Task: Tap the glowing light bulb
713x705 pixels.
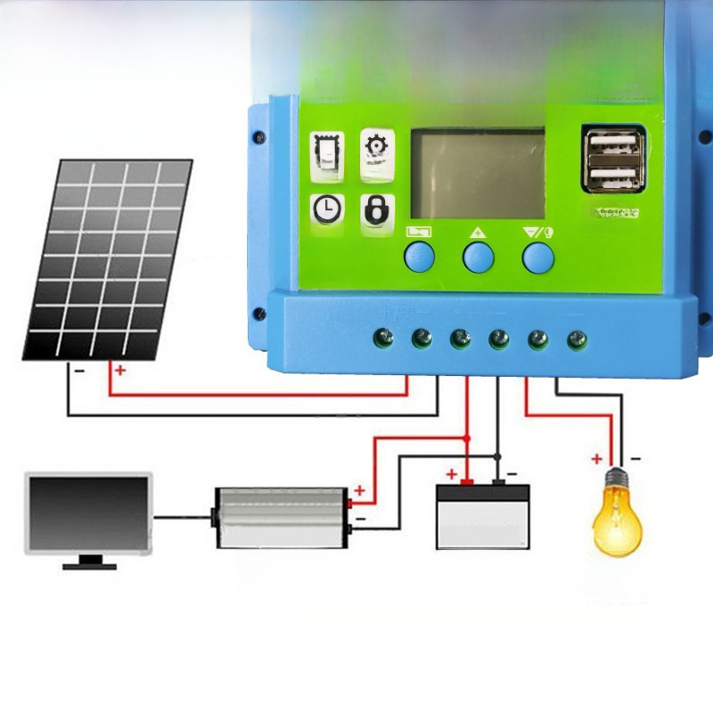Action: (x=617, y=517)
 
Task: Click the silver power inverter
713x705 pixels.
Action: (x=280, y=517)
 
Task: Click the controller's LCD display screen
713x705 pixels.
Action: (x=477, y=174)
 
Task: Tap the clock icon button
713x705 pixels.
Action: (x=327, y=209)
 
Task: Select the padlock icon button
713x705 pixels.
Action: (x=375, y=209)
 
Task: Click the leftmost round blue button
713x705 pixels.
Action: (x=419, y=257)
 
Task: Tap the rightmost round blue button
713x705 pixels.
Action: (x=537, y=257)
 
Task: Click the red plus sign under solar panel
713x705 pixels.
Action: (x=120, y=369)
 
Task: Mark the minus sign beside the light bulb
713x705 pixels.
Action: (x=635, y=458)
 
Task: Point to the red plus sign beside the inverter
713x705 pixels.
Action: (x=360, y=490)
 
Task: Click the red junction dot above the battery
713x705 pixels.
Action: (x=467, y=439)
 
